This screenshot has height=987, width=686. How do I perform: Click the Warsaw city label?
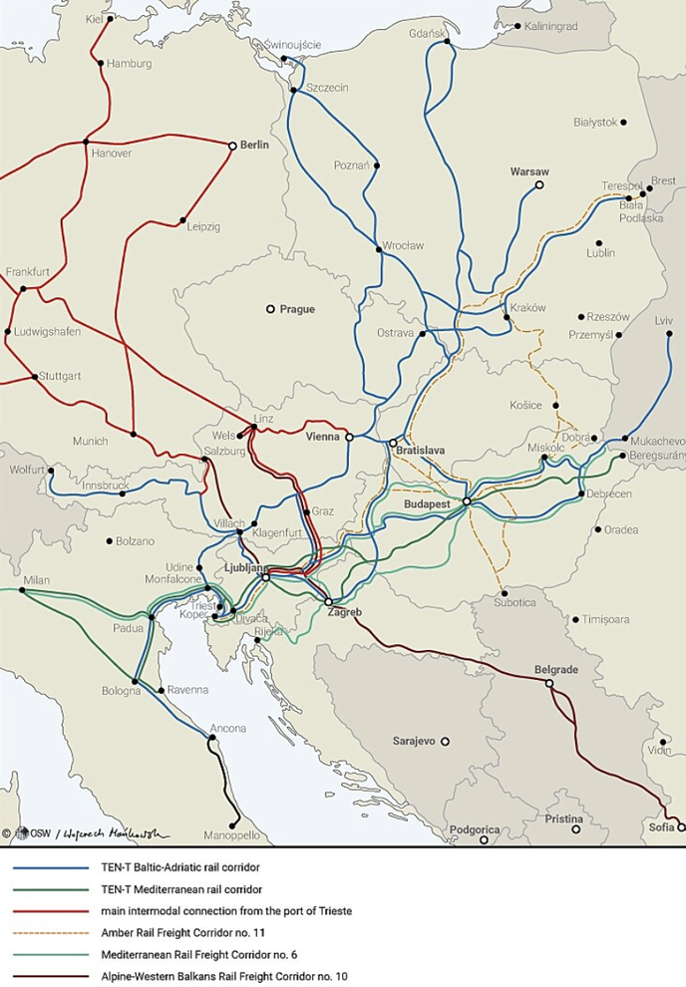529,171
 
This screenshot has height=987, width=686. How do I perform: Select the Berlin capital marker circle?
232,146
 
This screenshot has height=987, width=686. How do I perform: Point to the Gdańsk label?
424,32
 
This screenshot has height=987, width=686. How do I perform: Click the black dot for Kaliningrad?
517,26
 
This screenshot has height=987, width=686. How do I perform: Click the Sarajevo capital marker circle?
446,742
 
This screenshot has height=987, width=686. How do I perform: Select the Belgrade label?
556,670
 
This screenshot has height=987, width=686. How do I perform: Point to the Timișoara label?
607,619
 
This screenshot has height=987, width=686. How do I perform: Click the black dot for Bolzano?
109,541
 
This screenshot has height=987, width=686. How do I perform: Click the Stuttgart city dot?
36,377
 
